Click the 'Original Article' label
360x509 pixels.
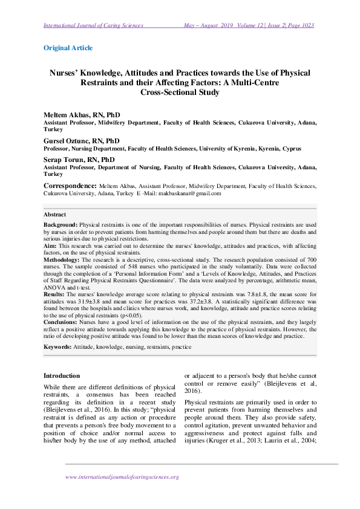tap(68, 47)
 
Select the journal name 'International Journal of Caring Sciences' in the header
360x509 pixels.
tap(93, 25)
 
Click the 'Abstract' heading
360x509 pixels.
tap(54, 215)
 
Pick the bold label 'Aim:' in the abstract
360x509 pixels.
tap(50, 247)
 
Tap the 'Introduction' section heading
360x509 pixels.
tap(62, 375)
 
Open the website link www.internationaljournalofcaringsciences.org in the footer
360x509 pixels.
tap(122, 477)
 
